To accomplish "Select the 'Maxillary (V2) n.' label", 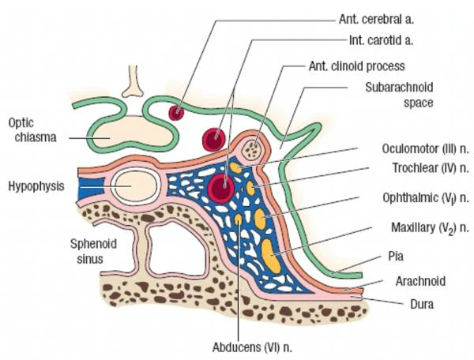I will [x=426, y=229].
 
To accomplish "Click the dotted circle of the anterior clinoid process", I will [x=254, y=148].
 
